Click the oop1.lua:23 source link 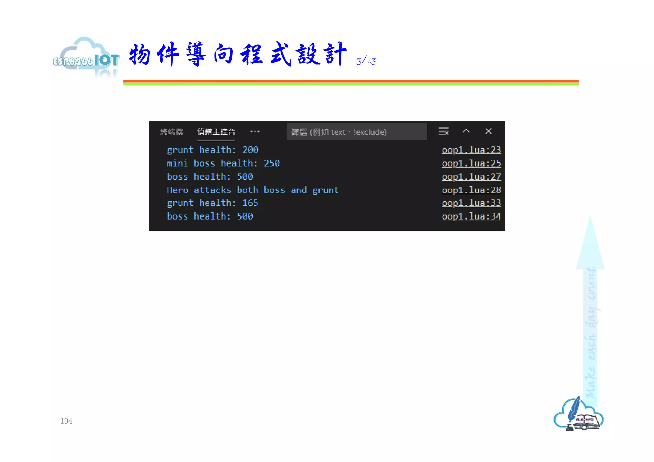(471, 150)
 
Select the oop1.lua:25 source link (471, 163)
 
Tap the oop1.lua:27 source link (471, 177)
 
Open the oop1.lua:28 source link (471, 190)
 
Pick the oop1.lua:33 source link (471, 203)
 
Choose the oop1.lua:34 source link (471, 216)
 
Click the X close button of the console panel (488, 131)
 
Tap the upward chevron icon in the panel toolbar (466, 131)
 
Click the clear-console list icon (444, 131)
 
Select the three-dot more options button (255, 131)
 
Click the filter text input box (356, 132)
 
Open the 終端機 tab (171, 132)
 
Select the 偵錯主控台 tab (216, 132)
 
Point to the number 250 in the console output (271, 163)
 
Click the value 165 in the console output (250, 203)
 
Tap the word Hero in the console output (177, 190)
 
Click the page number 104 (66, 421)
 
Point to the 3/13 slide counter (366, 61)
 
